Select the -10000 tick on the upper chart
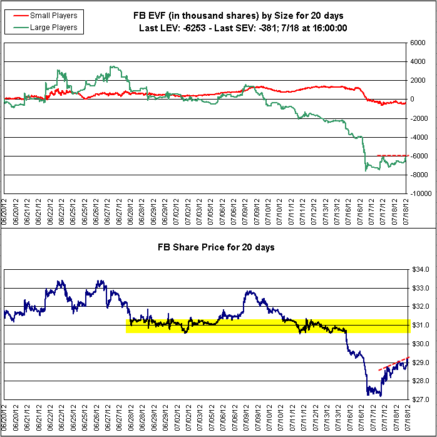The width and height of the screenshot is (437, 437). [419, 193]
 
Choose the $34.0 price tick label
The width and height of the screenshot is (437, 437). [421, 269]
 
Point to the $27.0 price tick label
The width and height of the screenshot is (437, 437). [421, 399]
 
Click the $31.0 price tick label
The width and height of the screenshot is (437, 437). [421, 325]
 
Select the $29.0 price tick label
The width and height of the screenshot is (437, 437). [421, 362]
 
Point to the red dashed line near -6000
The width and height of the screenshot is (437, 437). [392, 155]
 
